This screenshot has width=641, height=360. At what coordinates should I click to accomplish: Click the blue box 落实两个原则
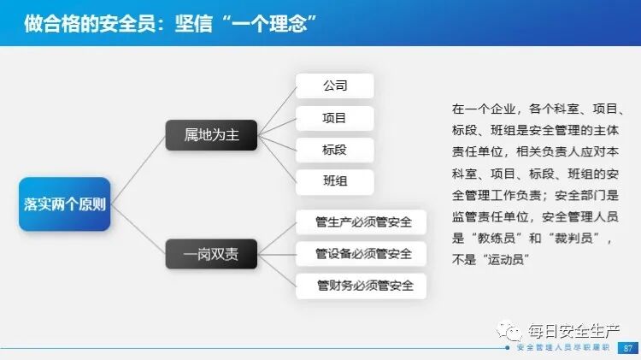point(65,204)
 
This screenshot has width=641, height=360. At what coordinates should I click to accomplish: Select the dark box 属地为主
point(211,135)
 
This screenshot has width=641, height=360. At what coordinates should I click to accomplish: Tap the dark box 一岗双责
point(211,253)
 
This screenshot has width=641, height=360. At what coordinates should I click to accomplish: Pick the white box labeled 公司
point(334,86)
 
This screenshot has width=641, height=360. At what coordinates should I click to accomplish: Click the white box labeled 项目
point(334,118)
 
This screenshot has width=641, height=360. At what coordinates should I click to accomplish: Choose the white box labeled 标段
point(334,150)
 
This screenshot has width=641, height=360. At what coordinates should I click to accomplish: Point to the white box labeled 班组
point(334,181)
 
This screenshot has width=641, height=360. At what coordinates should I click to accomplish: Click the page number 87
point(628,348)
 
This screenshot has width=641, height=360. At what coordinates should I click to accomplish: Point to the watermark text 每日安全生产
point(575,329)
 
